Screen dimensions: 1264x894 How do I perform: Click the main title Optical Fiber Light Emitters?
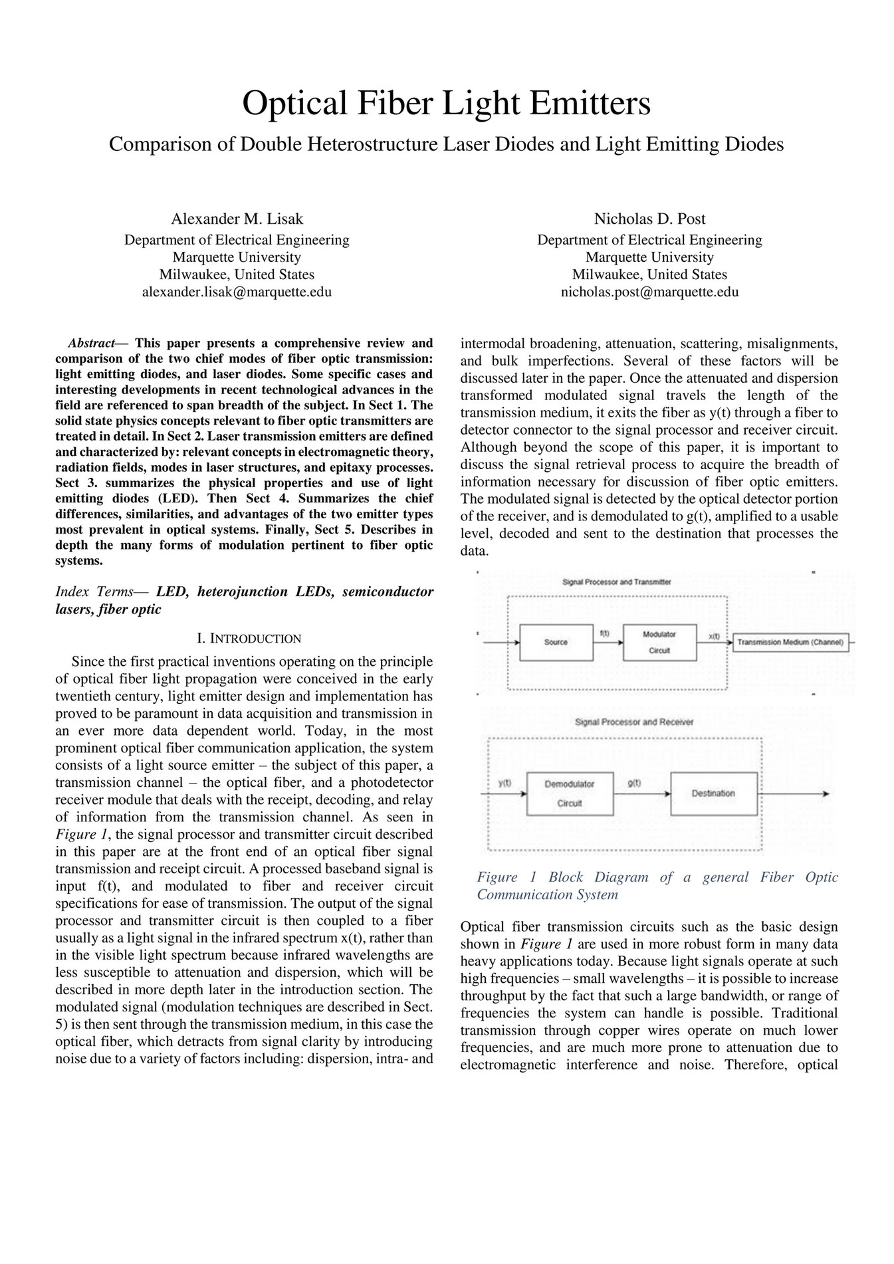(x=446, y=104)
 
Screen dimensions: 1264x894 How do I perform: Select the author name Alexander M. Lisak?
(x=237, y=219)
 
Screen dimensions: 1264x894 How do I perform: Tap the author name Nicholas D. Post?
(x=649, y=219)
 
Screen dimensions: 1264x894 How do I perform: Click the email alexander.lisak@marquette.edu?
(x=237, y=292)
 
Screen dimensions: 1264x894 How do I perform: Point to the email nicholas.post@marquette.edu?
(x=649, y=292)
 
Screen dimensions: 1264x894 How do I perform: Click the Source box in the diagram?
(x=556, y=643)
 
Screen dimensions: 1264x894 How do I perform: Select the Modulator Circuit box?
(x=659, y=643)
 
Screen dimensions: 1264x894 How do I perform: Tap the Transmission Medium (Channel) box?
(x=790, y=643)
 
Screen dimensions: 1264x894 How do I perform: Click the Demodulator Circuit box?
(x=570, y=793)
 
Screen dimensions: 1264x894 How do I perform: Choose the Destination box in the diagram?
(x=713, y=793)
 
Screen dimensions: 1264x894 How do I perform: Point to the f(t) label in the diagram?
(x=605, y=633)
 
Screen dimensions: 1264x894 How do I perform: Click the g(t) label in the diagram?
(x=634, y=784)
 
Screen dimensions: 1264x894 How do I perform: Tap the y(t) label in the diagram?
(x=505, y=784)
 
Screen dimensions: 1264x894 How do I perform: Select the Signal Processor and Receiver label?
(x=633, y=722)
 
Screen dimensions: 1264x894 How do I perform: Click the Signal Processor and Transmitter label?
(x=616, y=582)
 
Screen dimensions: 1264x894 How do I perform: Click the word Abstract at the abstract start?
(x=91, y=344)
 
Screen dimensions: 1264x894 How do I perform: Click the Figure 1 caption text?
(x=657, y=885)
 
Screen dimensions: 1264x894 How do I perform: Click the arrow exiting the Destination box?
(x=794, y=793)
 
